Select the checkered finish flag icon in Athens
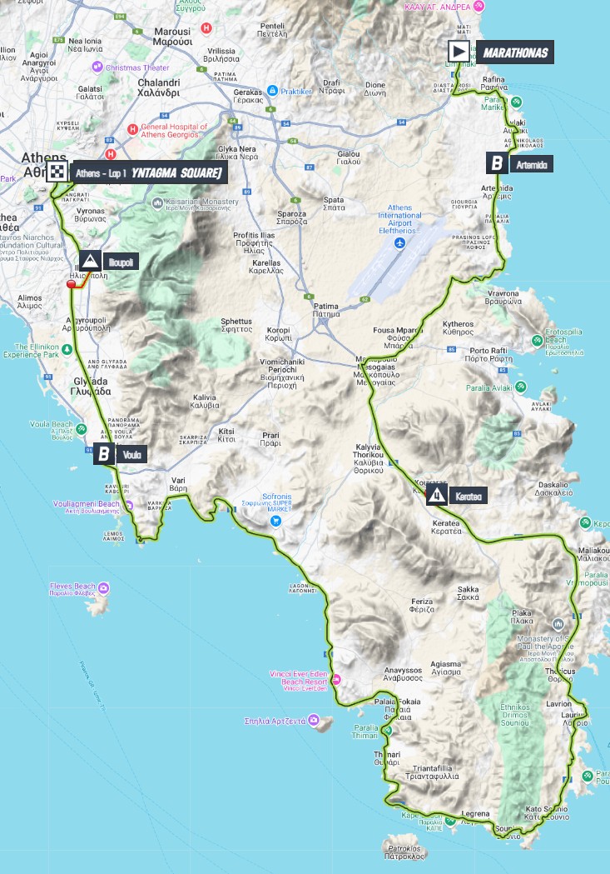pyautogui.click(x=57, y=172)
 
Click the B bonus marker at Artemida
pyautogui.click(x=497, y=162)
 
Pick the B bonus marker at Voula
pyautogui.click(x=104, y=454)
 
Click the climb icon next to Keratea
pyautogui.click(x=436, y=497)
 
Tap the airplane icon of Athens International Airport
pyautogui.click(x=400, y=242)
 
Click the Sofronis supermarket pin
pyautogui.click(x=275, y=520)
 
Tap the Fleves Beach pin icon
pyautogui.click(x=103, y=589)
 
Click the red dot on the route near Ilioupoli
pyautogui.click(x=72, y=284)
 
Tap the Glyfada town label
pyautogui.click(x=87, y=387)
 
